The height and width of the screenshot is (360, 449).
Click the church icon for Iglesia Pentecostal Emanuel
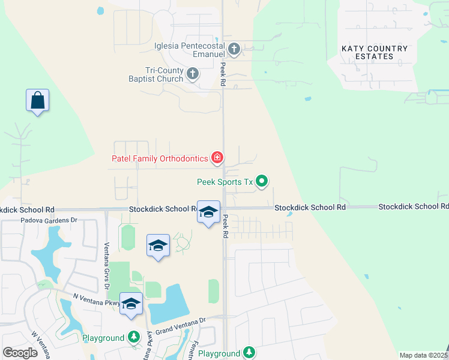tap(234, 49)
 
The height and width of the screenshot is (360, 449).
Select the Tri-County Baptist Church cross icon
tap(193, 74)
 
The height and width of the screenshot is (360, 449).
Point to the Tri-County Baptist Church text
tap(155, 74)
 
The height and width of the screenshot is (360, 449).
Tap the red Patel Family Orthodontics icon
tap(217, 158)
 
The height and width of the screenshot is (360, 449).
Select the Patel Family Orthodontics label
tap(160, 159)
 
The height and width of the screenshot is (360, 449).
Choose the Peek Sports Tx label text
tap(224, 181)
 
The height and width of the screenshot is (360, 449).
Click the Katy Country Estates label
tap(375, 52)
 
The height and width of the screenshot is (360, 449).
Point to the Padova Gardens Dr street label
tap(41, 220)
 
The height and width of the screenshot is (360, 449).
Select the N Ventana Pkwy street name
tap(96, 298)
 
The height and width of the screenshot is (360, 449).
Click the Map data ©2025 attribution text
tap(424, 355)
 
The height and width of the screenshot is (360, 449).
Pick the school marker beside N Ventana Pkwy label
tap(130, 303)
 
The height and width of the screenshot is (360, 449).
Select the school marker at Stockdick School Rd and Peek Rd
tap(208, 212)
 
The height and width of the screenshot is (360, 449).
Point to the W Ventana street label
tap(41, 344)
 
